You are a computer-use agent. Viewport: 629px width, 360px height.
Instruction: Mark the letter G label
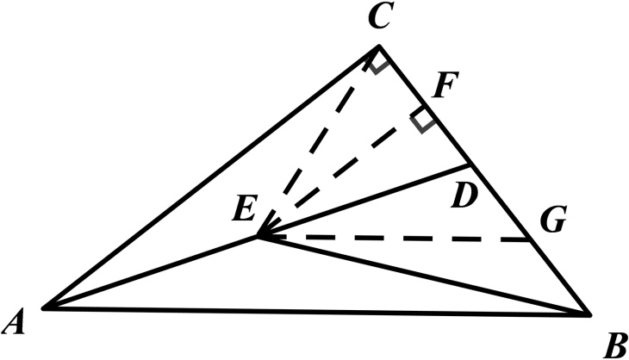[x=553, y=221]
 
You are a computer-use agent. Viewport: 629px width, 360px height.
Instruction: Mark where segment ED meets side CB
[x=470, y=163]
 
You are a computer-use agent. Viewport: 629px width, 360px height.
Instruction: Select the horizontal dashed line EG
[x=396, y=239]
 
